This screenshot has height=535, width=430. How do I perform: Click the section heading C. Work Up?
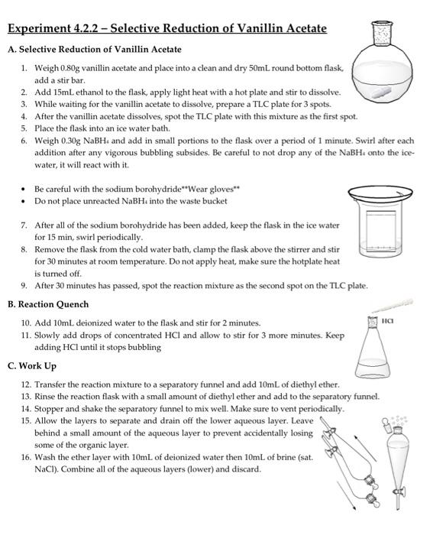[32, 366]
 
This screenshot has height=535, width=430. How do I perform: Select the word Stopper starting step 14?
[50, 408]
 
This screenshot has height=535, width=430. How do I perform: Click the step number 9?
[24, 286]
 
